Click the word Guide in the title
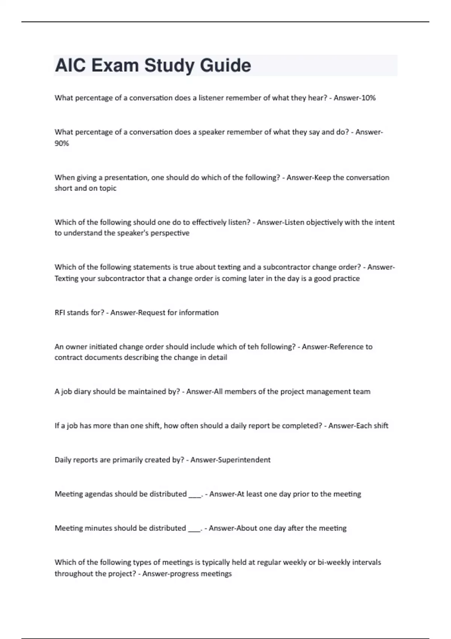225,65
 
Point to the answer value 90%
62,143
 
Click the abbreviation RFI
60,313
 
